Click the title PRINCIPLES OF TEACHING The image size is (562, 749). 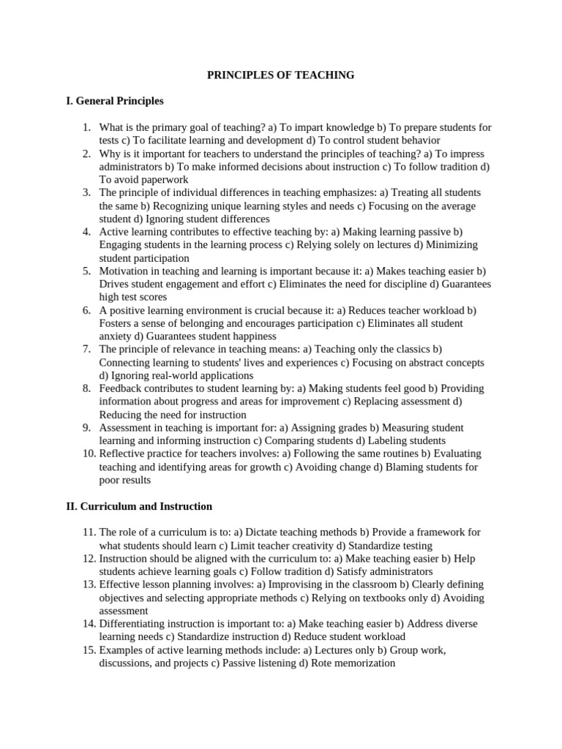click(281, 75)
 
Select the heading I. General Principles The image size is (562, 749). click(115, 101)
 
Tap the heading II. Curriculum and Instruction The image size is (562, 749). click(139, 506)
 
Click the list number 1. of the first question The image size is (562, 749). click(87, 127)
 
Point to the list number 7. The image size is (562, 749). click(87, 349)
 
